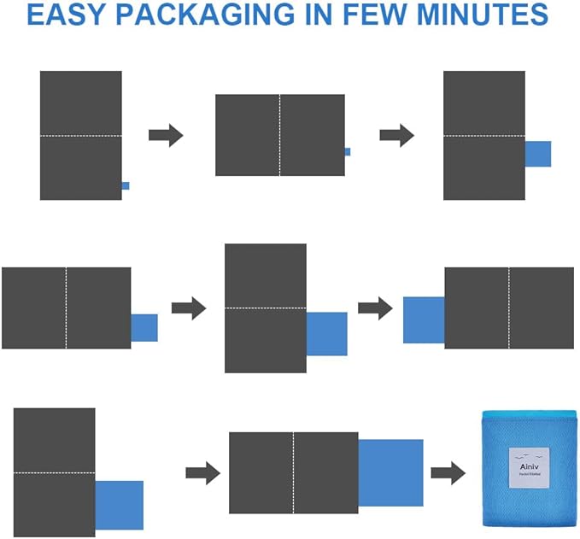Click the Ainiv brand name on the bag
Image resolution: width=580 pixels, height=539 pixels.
point(526,466)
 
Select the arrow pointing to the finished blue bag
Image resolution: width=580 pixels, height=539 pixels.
point(448,472)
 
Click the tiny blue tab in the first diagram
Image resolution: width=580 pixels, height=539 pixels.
point(126,185)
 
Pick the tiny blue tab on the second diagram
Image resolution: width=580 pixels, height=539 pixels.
point(347,152)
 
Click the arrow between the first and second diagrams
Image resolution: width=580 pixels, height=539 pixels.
point(166,135)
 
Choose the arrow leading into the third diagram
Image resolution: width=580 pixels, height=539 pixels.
point(396,135)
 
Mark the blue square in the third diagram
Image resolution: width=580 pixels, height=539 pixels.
point(537,154)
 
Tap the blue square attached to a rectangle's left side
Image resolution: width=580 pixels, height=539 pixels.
point(423,319)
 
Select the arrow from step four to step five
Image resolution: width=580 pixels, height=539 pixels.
point(189,308)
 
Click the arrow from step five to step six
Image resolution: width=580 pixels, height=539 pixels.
point(374,308)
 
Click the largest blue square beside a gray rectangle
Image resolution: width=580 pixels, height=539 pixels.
point(390,472)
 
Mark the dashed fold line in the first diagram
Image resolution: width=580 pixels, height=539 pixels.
point(80,136)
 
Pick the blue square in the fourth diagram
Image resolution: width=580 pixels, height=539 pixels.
point(144,328)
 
